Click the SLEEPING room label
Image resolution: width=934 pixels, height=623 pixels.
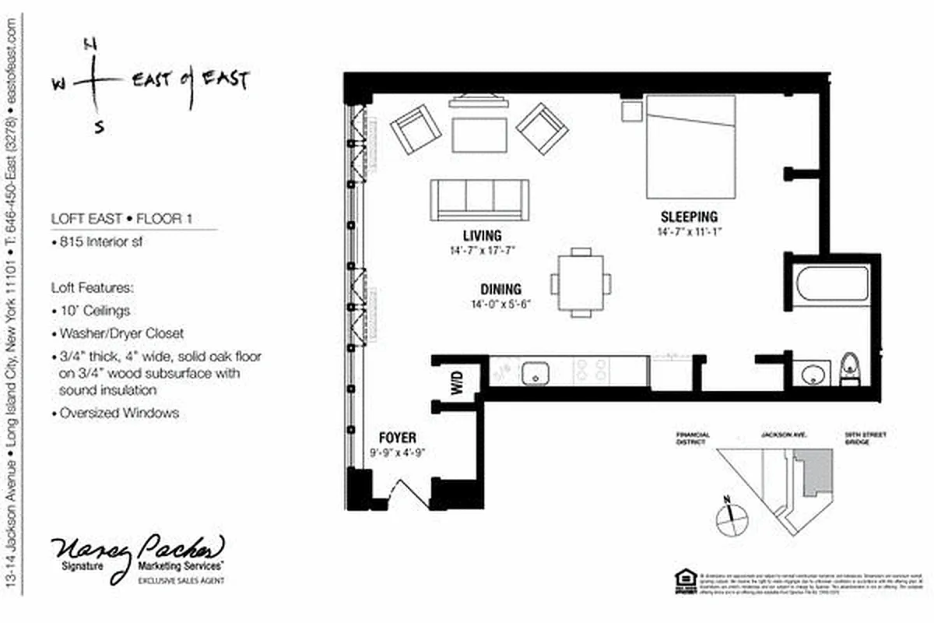point(689,216)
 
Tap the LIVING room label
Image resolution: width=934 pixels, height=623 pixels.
point(482,235)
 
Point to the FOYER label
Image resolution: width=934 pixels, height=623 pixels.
point(397,438)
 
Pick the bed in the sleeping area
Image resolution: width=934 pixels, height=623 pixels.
point(690,146)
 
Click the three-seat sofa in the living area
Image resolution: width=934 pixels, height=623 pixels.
point(480,199)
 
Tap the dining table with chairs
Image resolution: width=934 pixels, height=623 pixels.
point(580,283)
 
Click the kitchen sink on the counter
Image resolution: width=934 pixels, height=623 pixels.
point(535,372)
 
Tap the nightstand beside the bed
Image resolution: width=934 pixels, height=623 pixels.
point(631,111)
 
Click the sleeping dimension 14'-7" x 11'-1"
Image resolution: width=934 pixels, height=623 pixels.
point(689,231)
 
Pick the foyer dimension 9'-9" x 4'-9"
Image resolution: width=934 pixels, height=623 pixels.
point(397,452)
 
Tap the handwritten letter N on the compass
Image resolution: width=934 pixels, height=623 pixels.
point(90,46)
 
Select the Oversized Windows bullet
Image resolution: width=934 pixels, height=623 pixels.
point(118,413)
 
